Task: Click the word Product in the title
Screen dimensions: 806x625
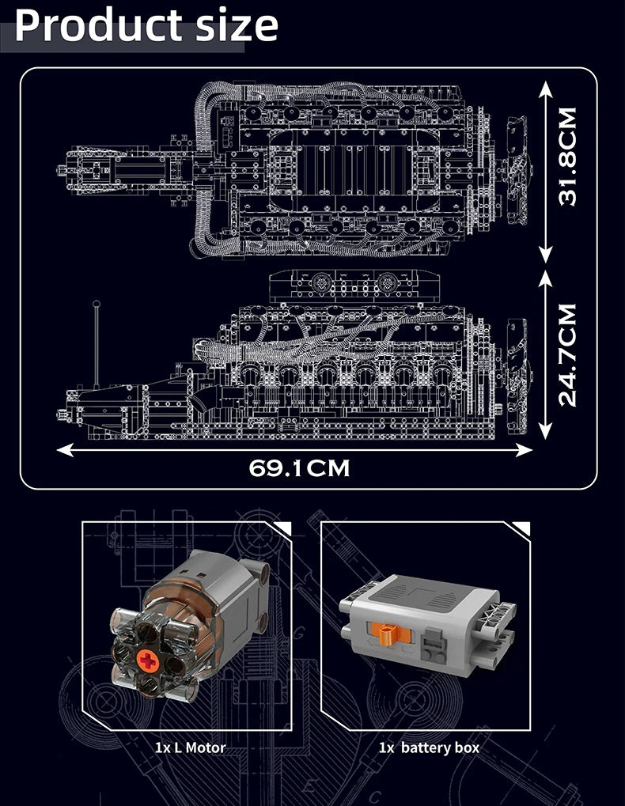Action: [x=95, y=26]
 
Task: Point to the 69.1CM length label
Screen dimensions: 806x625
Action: [x=299, y=468]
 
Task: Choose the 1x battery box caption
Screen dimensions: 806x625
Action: [x=428, y=747]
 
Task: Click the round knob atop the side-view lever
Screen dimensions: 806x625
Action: [x=97, y=304]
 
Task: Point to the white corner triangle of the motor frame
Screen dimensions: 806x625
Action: [x=283, y=529]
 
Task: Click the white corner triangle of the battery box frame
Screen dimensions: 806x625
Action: [x=521, y=529]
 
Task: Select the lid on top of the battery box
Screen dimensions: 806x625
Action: [x=427, y=593]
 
